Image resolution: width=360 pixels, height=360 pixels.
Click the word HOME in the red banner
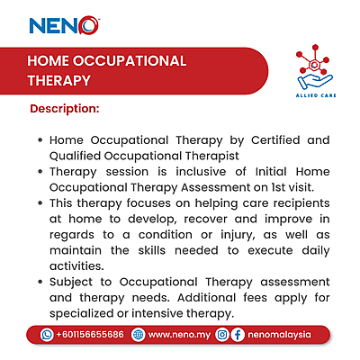click(51, 61)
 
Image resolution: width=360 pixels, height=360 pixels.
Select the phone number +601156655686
click(89, 334)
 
